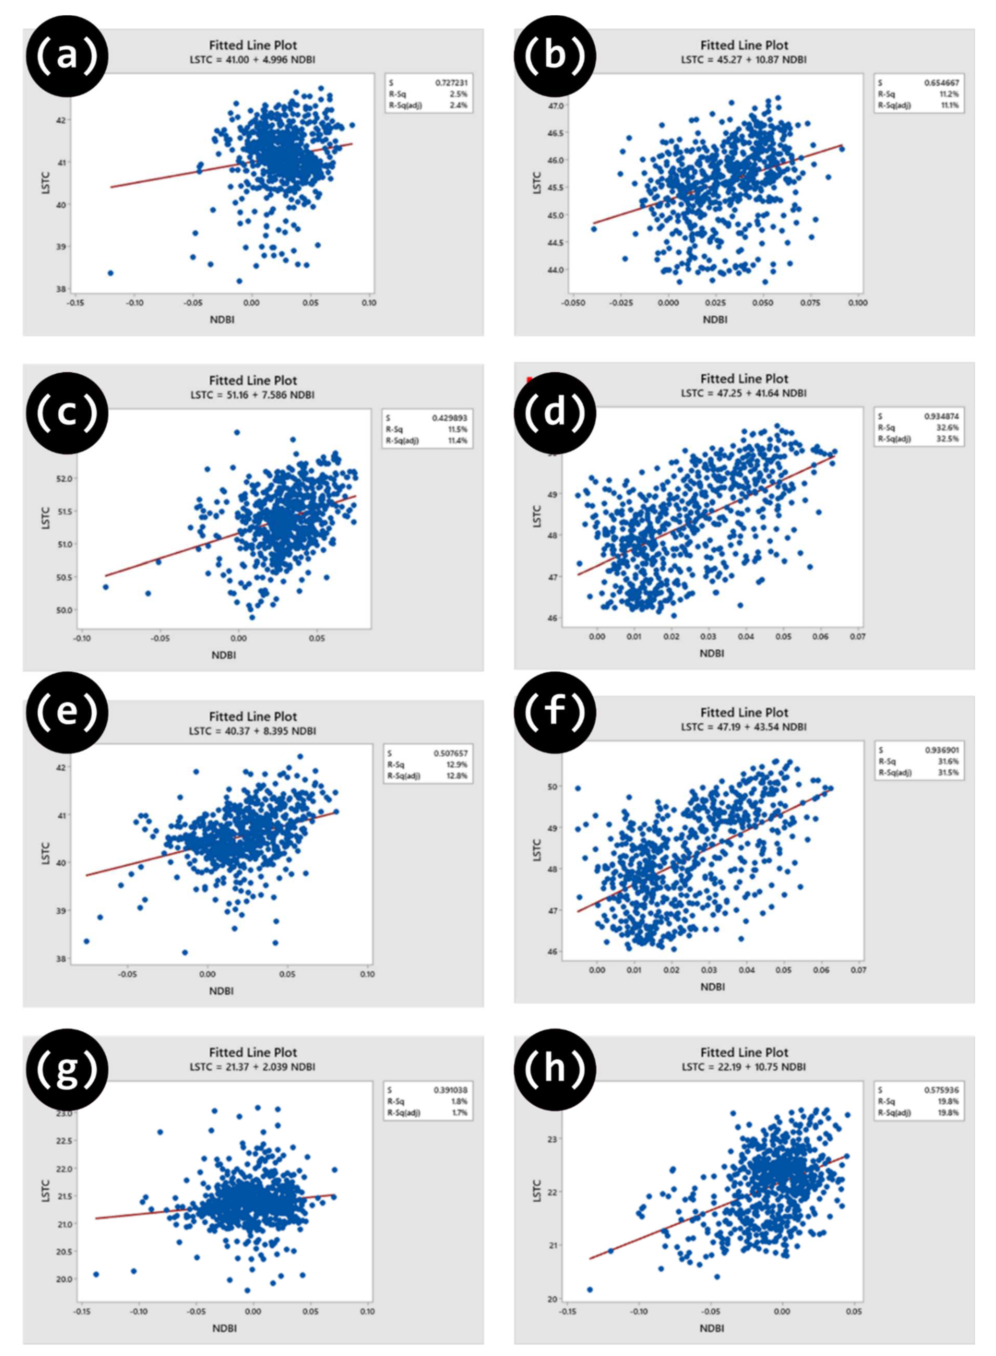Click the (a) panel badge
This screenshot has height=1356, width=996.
pyautogui.click(x=66, y=56)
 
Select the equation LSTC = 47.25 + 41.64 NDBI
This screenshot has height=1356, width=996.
pyautogui.click(x=743, y=393)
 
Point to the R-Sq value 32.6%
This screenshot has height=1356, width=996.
pyautogui.click(x=951, y=427)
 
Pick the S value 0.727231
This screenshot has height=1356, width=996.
pyautogui.click(x=451, y=82)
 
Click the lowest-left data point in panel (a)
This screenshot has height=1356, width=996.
pyautogui.click(x=110, y=273)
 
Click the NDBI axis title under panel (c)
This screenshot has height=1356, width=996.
pyautogui.click(x=223, y=655)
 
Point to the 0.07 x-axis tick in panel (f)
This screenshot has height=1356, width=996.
pyautogui.click(x=858, y=970)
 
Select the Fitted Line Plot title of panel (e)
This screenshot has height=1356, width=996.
pyautogui.click(x=253, y=717)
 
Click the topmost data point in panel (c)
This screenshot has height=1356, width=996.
pyautogui.click(x=237, y=432)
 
